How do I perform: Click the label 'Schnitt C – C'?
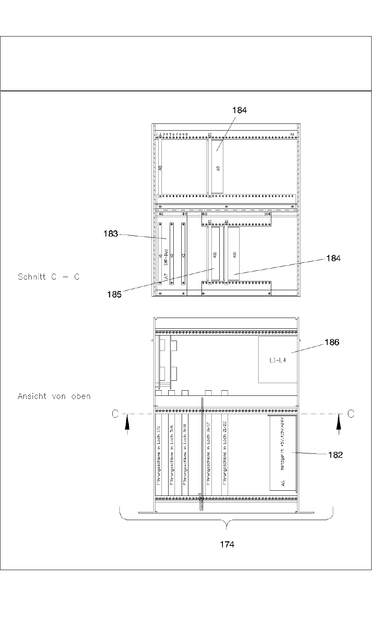click(48, 277)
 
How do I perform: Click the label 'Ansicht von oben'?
click(54, 396)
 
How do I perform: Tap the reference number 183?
click(111, 234)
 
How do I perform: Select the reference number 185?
click(114, 295)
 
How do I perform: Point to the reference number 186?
click(332, 342)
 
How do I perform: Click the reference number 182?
click(335, 455)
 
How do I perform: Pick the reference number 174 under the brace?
click(227, 545)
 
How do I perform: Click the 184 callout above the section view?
click(239, 110)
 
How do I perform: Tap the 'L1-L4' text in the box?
click(277, 360)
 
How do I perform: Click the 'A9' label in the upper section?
click(218, 168)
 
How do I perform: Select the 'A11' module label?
click(215, 255)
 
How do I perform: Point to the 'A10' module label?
click(235, 255)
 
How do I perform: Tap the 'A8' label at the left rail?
click(160, 168)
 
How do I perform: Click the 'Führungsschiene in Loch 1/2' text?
click(159, 456)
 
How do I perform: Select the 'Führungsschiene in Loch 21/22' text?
click(225, 456)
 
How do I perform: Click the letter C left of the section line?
click(115, 414)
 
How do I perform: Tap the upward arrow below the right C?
click(339, 426)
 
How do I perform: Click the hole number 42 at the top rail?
click(292, 134)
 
